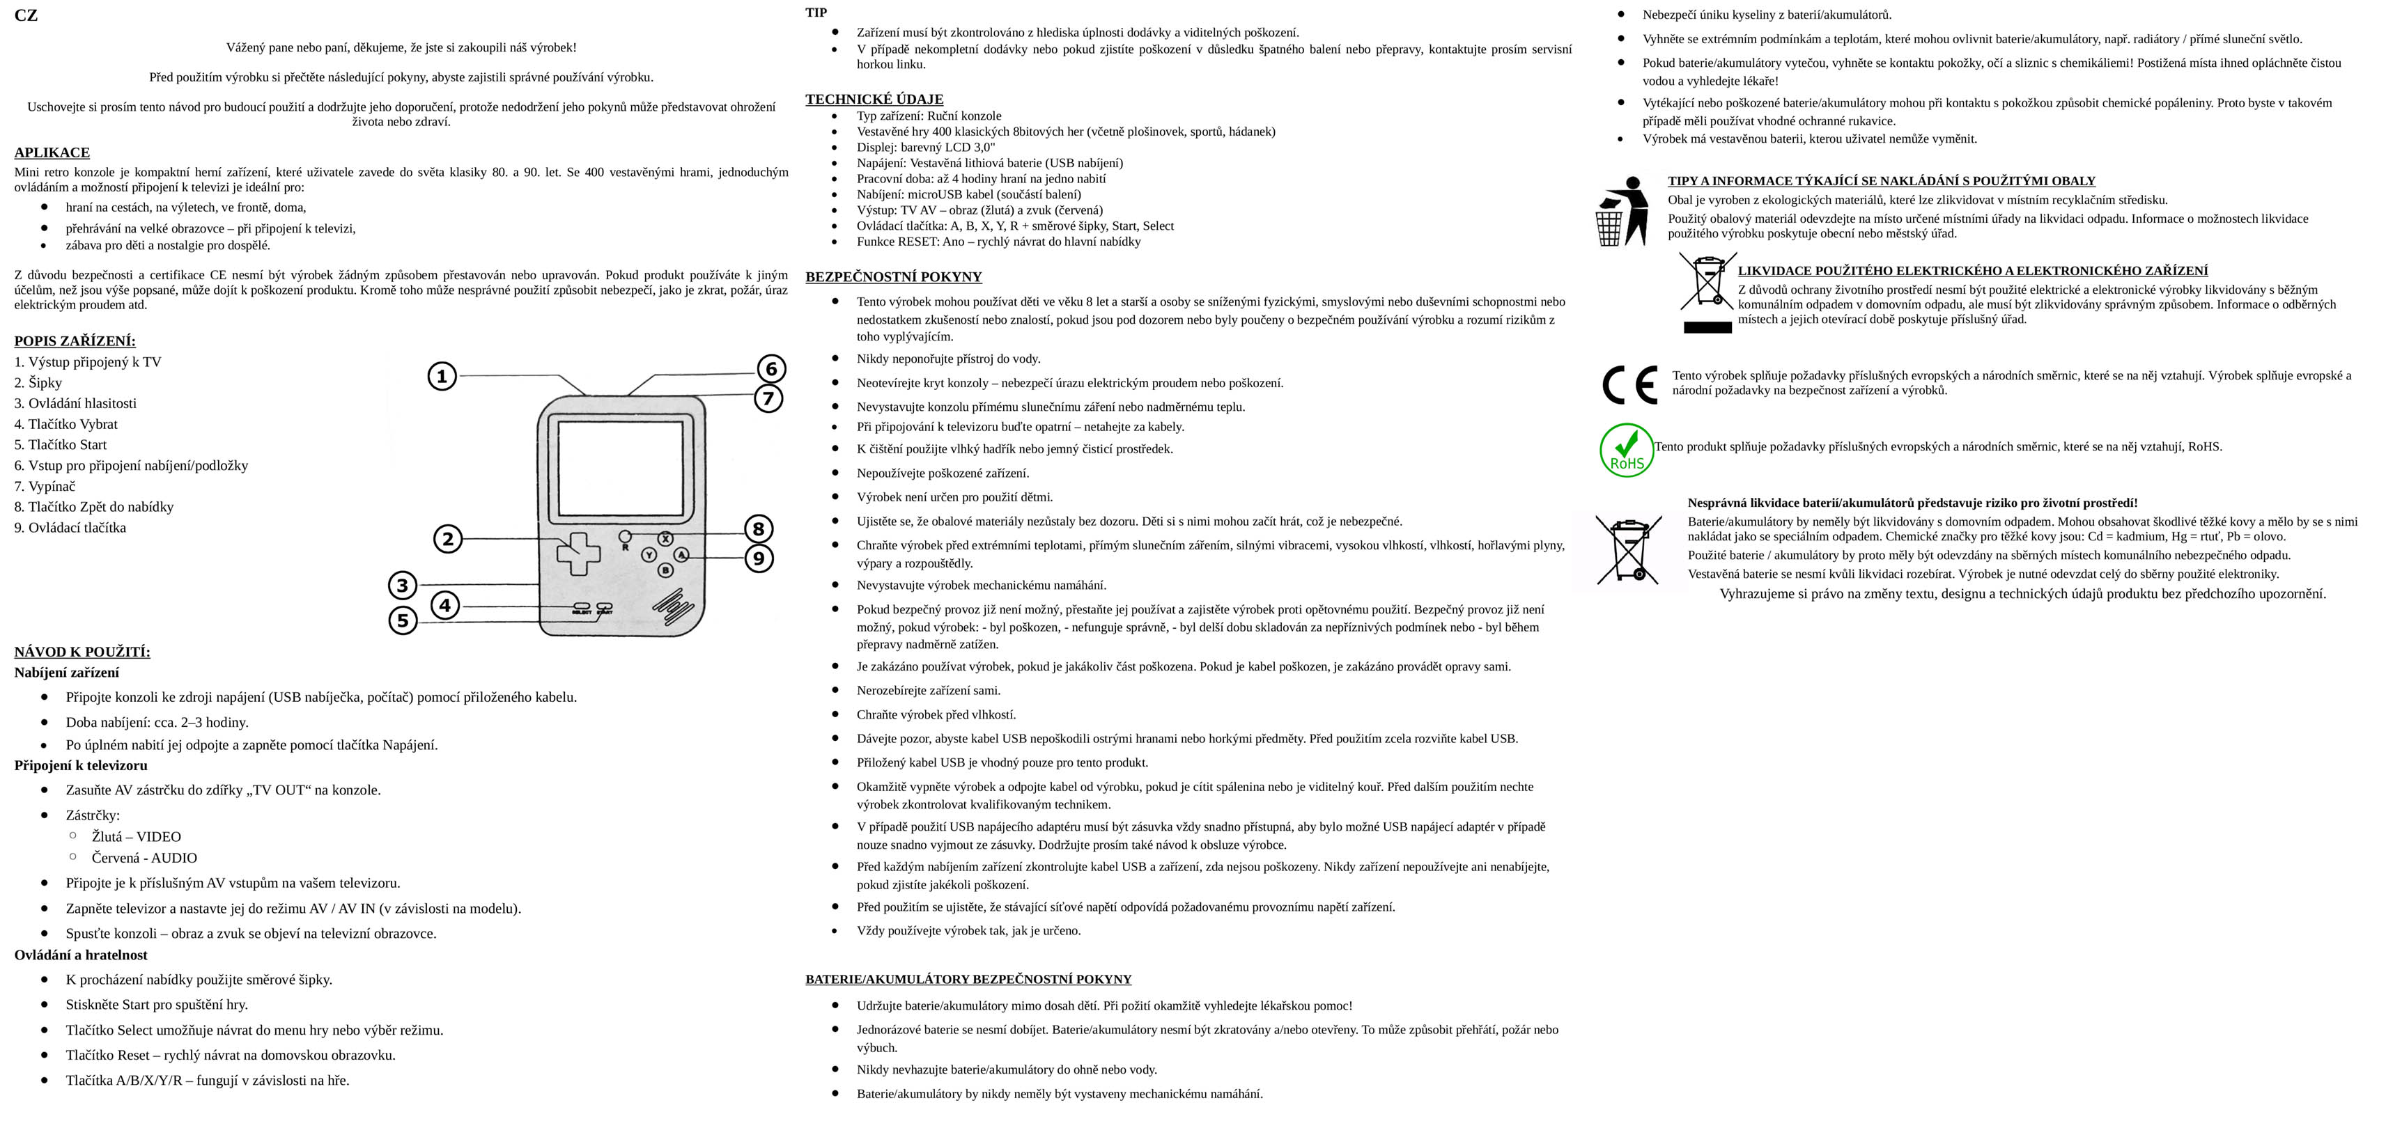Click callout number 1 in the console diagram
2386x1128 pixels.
[442, 376]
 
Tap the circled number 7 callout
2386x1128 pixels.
[768, 399]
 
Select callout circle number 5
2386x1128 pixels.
[402, 620]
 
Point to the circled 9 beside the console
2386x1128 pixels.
[759, 558]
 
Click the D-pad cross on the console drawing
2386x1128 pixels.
[578, 554]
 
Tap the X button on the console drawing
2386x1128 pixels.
[665, 539]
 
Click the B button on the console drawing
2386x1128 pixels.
[665, 570]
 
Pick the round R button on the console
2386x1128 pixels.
[625, 536]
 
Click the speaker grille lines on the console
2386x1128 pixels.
[674, 606]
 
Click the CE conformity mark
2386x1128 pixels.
[1629, 385]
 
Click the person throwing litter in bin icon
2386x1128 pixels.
[1621, 211]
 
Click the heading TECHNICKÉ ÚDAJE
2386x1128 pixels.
[874, 99]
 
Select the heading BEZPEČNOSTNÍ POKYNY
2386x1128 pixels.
[893, 277]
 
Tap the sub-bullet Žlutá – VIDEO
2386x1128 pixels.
[136, 837]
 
